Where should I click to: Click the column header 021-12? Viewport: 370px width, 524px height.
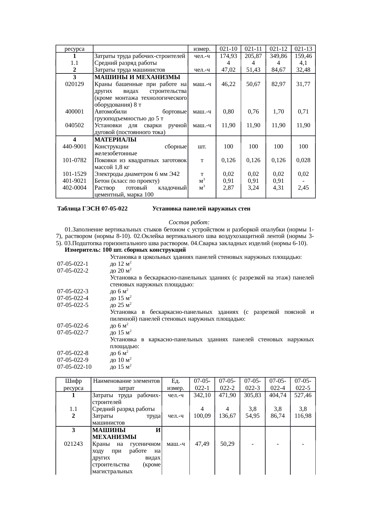click(x=278, y=49)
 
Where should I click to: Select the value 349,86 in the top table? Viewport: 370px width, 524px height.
click(x=278, y=56)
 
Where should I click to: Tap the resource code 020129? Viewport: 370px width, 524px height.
click(x=74, y=84)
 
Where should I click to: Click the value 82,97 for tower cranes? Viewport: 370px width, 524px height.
click(x=278, y=84)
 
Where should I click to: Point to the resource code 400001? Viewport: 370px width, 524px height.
click(x=74, y=112)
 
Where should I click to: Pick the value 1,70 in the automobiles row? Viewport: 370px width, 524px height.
click(x=278, y=112)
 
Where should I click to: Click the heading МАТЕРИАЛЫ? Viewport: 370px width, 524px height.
click(x=115, y=139)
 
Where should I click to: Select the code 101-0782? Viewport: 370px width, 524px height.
click(x=74, y=160)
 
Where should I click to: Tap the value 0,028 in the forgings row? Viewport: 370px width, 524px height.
click(x=303, y=160)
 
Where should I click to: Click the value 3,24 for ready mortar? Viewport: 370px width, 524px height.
click(x=253, y=188)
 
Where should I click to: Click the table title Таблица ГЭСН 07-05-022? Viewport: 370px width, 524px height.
click(x=92, y=209)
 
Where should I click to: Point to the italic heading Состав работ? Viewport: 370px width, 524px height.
click(x=189, y=222)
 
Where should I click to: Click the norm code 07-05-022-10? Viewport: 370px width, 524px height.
click(x=74, y=367)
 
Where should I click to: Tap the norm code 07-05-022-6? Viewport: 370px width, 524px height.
click(x=73, y=325)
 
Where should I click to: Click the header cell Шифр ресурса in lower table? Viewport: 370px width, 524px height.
click(x=73, y=385)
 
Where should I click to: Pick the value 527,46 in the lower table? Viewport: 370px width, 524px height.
click(x=303, y=395)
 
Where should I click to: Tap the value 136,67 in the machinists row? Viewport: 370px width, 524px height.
click(x=227, y=416)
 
